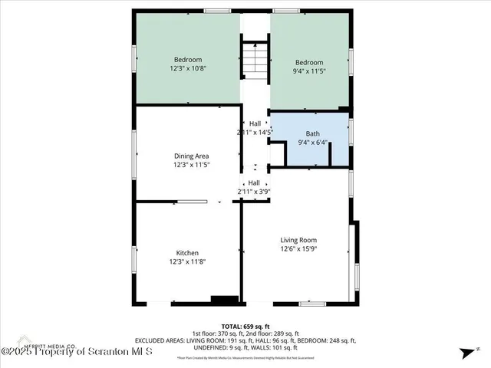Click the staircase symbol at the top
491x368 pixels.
[x=255, y=59]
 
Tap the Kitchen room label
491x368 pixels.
[x=188, y=253]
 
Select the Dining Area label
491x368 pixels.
[x=191, y=156]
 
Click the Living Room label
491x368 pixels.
[x=298, y=239]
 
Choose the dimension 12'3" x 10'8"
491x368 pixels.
[x=188, y=68]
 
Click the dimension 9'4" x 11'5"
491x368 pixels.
[x=309, y=71]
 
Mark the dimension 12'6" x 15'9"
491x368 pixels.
[x=298, y=248]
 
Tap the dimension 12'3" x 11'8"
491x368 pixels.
[x=188, y=261]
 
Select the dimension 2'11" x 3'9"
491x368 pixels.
[x=254, y=191]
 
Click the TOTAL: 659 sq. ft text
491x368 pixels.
[x=245, y=327]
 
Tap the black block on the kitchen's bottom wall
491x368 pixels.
[x=225, y=300]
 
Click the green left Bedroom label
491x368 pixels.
[x=188, y=60]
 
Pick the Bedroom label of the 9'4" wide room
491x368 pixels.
[x=309, y=63]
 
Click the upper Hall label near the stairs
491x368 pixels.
[x=255, y=123]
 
